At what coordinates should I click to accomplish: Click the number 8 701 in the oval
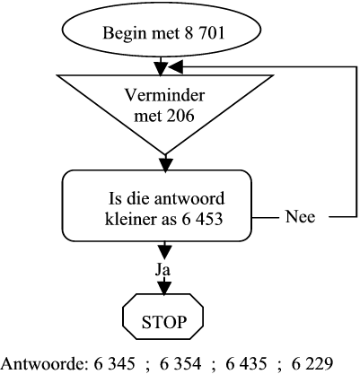205,32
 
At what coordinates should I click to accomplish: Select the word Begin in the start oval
125,33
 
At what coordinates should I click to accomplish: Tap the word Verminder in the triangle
164,95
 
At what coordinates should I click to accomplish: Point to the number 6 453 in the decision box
202,219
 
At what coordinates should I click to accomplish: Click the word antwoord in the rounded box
189,198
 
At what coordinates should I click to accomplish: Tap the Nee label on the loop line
300,216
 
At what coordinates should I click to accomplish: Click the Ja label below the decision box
163,270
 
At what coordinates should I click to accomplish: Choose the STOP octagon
163,317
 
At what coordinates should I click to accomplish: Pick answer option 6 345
114,364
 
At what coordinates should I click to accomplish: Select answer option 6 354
180,364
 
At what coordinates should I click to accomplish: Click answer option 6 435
246,364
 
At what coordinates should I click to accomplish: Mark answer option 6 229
312,364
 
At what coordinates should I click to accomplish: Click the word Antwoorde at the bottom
44,364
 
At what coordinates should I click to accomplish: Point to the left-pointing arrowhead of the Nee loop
175,67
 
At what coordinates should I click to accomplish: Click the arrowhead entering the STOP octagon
164,289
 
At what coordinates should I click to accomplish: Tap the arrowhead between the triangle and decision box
165,165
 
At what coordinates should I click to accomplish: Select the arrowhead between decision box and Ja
164,252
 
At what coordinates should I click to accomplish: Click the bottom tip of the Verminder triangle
165,154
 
